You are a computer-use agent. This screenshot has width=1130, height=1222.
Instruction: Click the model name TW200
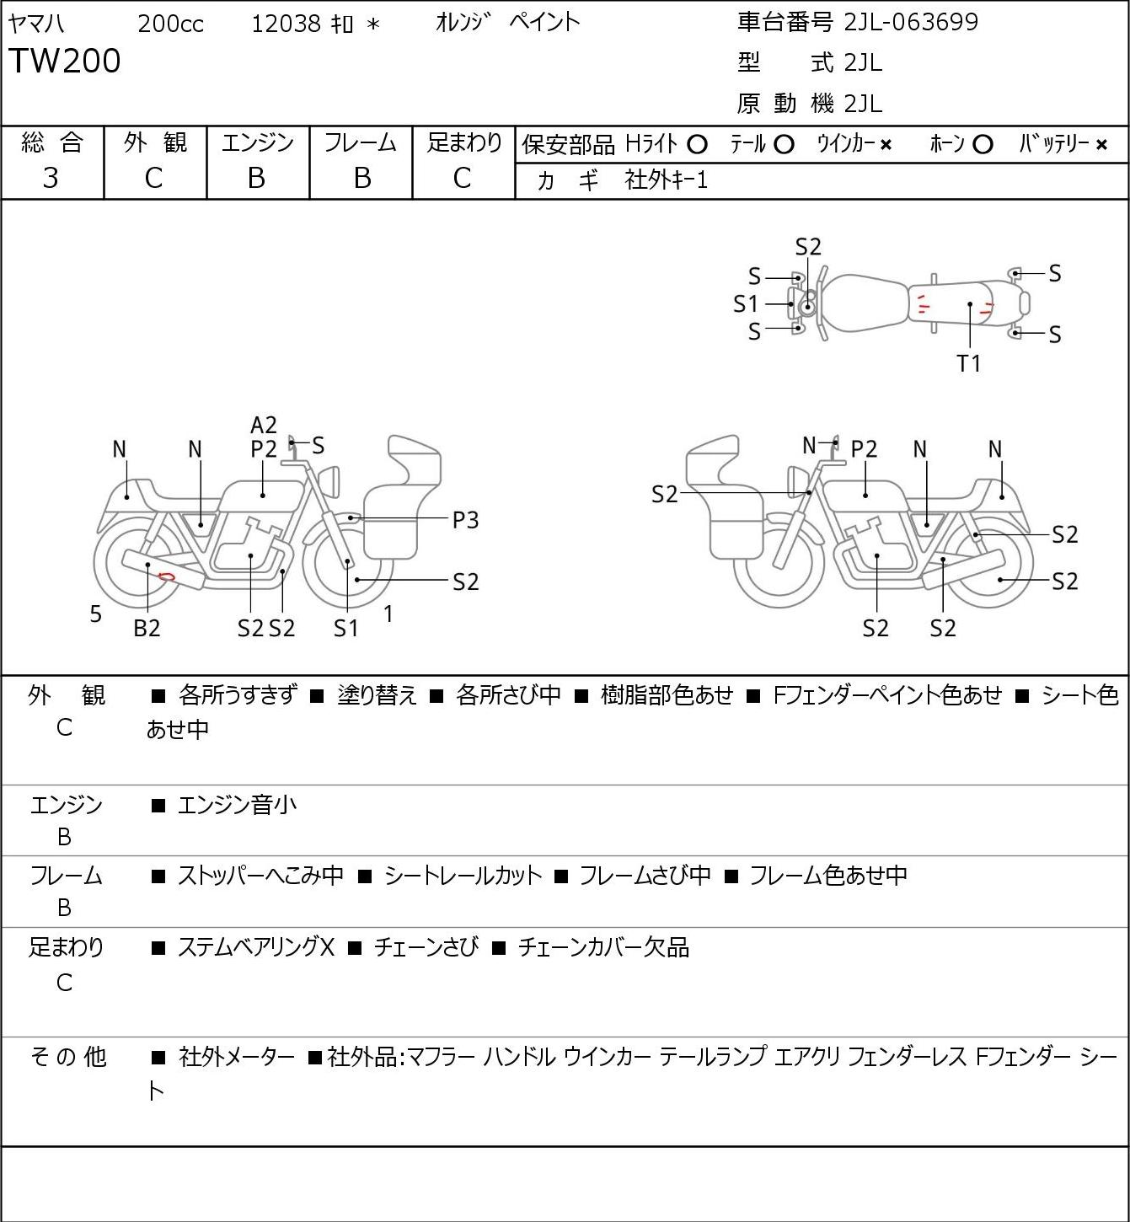tap(65, 61)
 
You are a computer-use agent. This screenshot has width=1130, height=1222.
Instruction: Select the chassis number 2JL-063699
tap(911, 23)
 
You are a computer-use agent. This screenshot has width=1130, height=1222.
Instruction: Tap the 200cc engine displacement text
tap(170, 24)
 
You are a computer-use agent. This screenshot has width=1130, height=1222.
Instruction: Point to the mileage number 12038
tap(287, 24)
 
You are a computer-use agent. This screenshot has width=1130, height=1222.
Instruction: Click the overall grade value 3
tap(51, 179)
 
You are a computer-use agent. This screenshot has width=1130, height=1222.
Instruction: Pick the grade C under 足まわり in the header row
tap(463, 179)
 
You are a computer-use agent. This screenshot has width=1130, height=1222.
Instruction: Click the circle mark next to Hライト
tap(697, 145)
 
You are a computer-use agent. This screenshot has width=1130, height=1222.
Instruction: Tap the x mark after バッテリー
tap(1101, 145)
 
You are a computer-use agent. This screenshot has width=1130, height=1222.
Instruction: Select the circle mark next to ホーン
tap(983, 145)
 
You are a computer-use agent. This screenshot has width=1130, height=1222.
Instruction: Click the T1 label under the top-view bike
tap(968, 363)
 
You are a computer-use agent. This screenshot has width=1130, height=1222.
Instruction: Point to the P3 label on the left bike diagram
tap(465, 521)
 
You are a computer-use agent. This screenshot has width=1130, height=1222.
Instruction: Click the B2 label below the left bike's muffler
tap(147, 628)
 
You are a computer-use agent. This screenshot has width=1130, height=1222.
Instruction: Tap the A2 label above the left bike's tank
tap(264, 426)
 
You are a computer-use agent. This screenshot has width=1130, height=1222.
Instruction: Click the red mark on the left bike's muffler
tap(166, 576)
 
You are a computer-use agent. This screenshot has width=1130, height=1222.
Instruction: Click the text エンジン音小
tap(237, 805)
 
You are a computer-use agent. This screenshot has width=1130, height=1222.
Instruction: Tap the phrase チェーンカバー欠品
tap(604, 947)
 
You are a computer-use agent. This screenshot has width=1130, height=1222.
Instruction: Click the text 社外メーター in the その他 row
tap(237, 1057)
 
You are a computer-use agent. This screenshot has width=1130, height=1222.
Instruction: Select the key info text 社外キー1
tap(667, 180)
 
